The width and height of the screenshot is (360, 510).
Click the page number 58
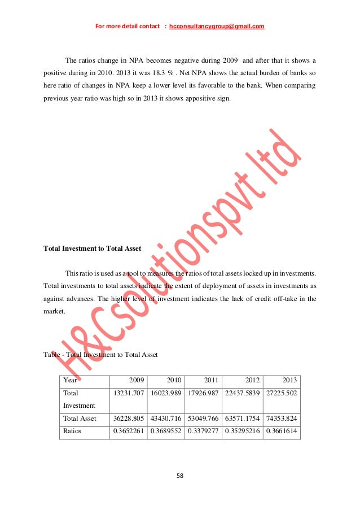click(x=180, y=476)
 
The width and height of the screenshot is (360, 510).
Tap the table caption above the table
click(x=100, y=355)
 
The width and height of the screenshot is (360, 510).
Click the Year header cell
click(x=71, y=381)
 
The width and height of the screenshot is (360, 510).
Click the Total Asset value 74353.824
click(x=280, y=419)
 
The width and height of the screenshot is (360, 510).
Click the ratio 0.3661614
click(x=280, y=431)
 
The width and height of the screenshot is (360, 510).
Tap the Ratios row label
click(x=75, y=431)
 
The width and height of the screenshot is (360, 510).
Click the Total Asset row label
click(x=80, y=419)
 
